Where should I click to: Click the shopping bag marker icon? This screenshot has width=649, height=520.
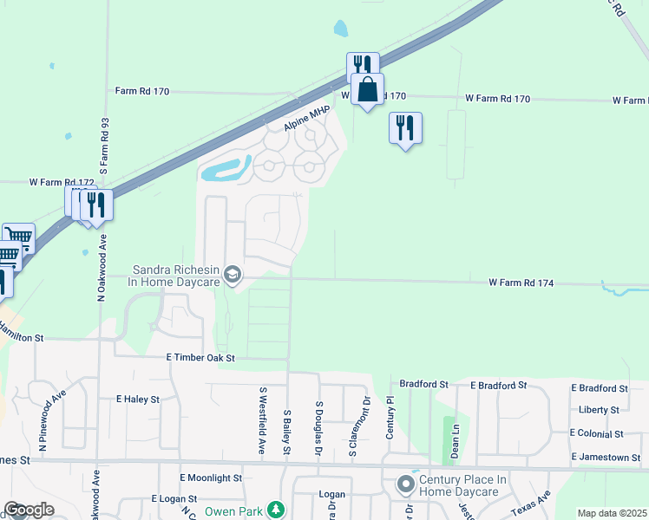click(368, 88)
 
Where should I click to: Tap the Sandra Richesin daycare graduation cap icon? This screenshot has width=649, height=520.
click(232, 276)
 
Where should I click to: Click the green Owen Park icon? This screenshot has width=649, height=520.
click(276, 510)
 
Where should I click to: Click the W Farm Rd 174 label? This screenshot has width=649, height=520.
click(521, 283)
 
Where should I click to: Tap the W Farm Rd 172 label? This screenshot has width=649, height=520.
click(62, 183)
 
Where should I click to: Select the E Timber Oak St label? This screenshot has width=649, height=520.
click(200, 357)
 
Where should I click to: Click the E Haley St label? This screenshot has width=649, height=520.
click(138, 400)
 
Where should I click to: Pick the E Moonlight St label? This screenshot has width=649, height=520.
click(211, 478)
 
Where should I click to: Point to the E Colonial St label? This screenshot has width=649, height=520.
click(597, 433)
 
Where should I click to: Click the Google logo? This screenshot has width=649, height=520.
click(29, 510)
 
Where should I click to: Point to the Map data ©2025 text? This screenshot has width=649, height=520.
click(611, 513)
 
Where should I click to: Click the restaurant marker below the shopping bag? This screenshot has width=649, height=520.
click(405, 128)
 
